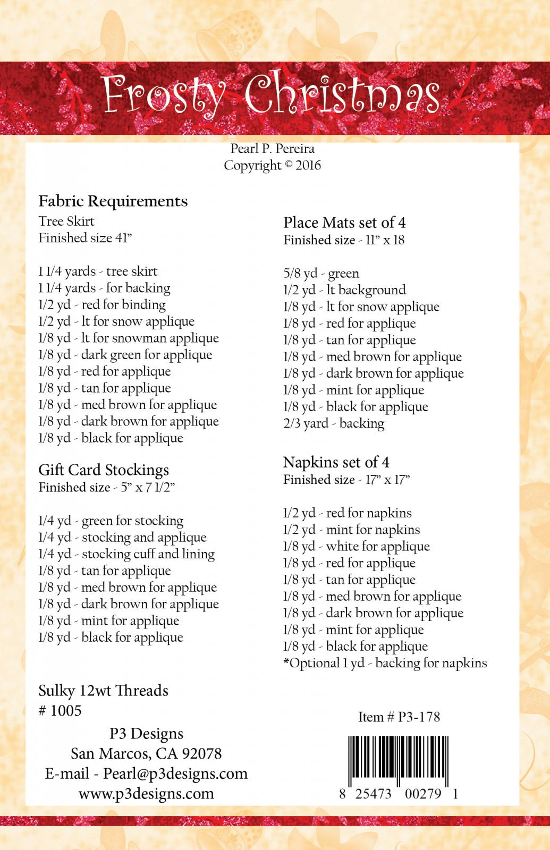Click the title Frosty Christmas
[x=271, y=95]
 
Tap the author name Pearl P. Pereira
[x=272, y=149]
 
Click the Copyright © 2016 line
[x=272, y=165]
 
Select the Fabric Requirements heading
[x=113, y=201]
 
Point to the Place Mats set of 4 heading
[x=344, y=223]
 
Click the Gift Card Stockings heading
[x=104, y=470]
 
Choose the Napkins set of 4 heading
[x=336, y=462]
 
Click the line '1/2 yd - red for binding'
[x=102, y=305]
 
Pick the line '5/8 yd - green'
[x=321, y=274]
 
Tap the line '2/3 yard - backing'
[x=334, y=423]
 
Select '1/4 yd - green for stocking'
[x=111, y=521]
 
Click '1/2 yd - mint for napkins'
[x=351, y=530]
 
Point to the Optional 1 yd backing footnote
[x=385, y=663]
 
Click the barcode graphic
[x=399, y=761]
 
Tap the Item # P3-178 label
[x=399, y=717]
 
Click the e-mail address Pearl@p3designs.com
[x=175, y=773]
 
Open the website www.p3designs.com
[x=146, y=794]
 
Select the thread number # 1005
[x=60, y=711]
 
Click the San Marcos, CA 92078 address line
[x=146, y=753]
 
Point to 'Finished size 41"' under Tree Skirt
[x=85, y=238]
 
